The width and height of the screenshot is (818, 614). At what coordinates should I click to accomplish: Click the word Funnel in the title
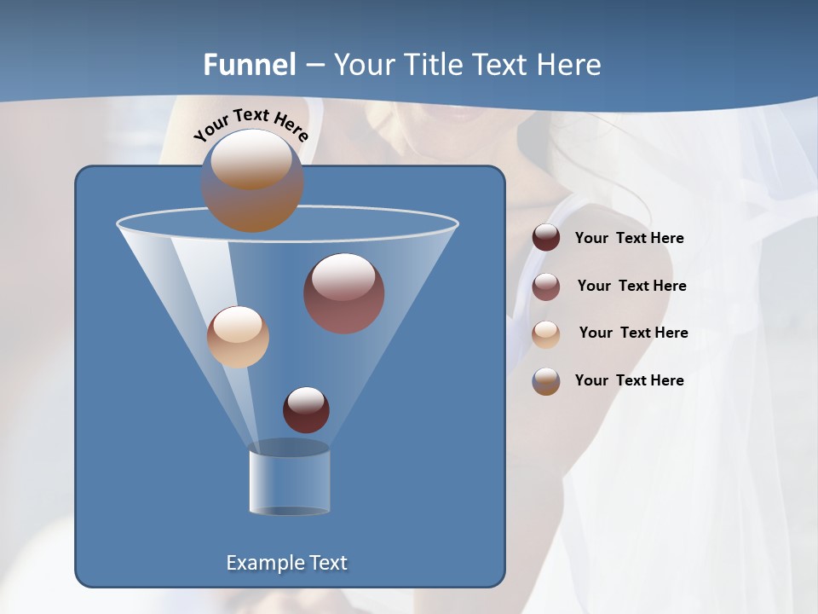(x=250, y=65)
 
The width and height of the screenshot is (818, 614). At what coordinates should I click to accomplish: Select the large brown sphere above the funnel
(x=251, y=181)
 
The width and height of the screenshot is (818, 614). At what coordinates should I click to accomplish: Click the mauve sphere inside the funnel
(x=343, y=293)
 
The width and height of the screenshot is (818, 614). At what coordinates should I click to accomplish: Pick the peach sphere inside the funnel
(x=238, y=337)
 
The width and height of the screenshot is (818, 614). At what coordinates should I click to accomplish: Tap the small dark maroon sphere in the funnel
(x=306, y=409)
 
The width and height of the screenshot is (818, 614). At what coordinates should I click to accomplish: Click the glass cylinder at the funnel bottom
(x=289, y=480)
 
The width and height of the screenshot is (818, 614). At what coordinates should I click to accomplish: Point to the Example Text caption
(x=286, y=563)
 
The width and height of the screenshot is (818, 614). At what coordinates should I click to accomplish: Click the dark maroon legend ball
(x=546, y=238)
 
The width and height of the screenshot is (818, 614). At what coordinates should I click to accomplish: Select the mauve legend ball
(x=546, y=287)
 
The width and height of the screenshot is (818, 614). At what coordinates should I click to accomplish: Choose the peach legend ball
(x=546, y=333)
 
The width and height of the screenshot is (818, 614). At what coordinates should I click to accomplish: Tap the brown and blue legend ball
(x=546, y=381)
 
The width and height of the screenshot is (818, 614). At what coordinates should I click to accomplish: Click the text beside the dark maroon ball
(x=629, y=239)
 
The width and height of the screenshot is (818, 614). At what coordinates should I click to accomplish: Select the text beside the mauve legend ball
(x=631, y=287)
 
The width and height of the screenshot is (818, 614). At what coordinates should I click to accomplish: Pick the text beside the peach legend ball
(x=633, y=333)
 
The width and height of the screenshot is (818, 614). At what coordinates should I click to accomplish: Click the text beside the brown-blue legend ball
(x=629, y=381)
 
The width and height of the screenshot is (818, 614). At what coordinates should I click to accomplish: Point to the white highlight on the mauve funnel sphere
(x=343, y=276)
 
